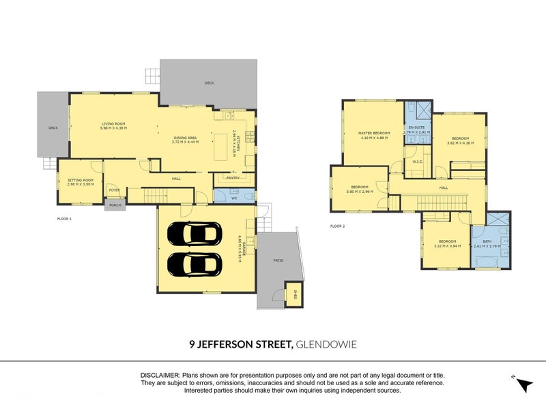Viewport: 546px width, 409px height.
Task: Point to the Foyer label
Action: point(115,190)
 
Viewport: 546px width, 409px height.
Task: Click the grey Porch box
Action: point(115,204)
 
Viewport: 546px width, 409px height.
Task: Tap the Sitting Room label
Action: point(80,181)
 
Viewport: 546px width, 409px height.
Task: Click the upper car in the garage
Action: point(194,234)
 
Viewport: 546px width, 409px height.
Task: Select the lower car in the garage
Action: point(194,263)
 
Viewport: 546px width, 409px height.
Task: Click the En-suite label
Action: point(416,129)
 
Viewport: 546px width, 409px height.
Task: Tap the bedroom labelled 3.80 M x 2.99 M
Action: point(360,189)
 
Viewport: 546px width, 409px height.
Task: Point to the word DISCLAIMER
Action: point(159,376)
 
